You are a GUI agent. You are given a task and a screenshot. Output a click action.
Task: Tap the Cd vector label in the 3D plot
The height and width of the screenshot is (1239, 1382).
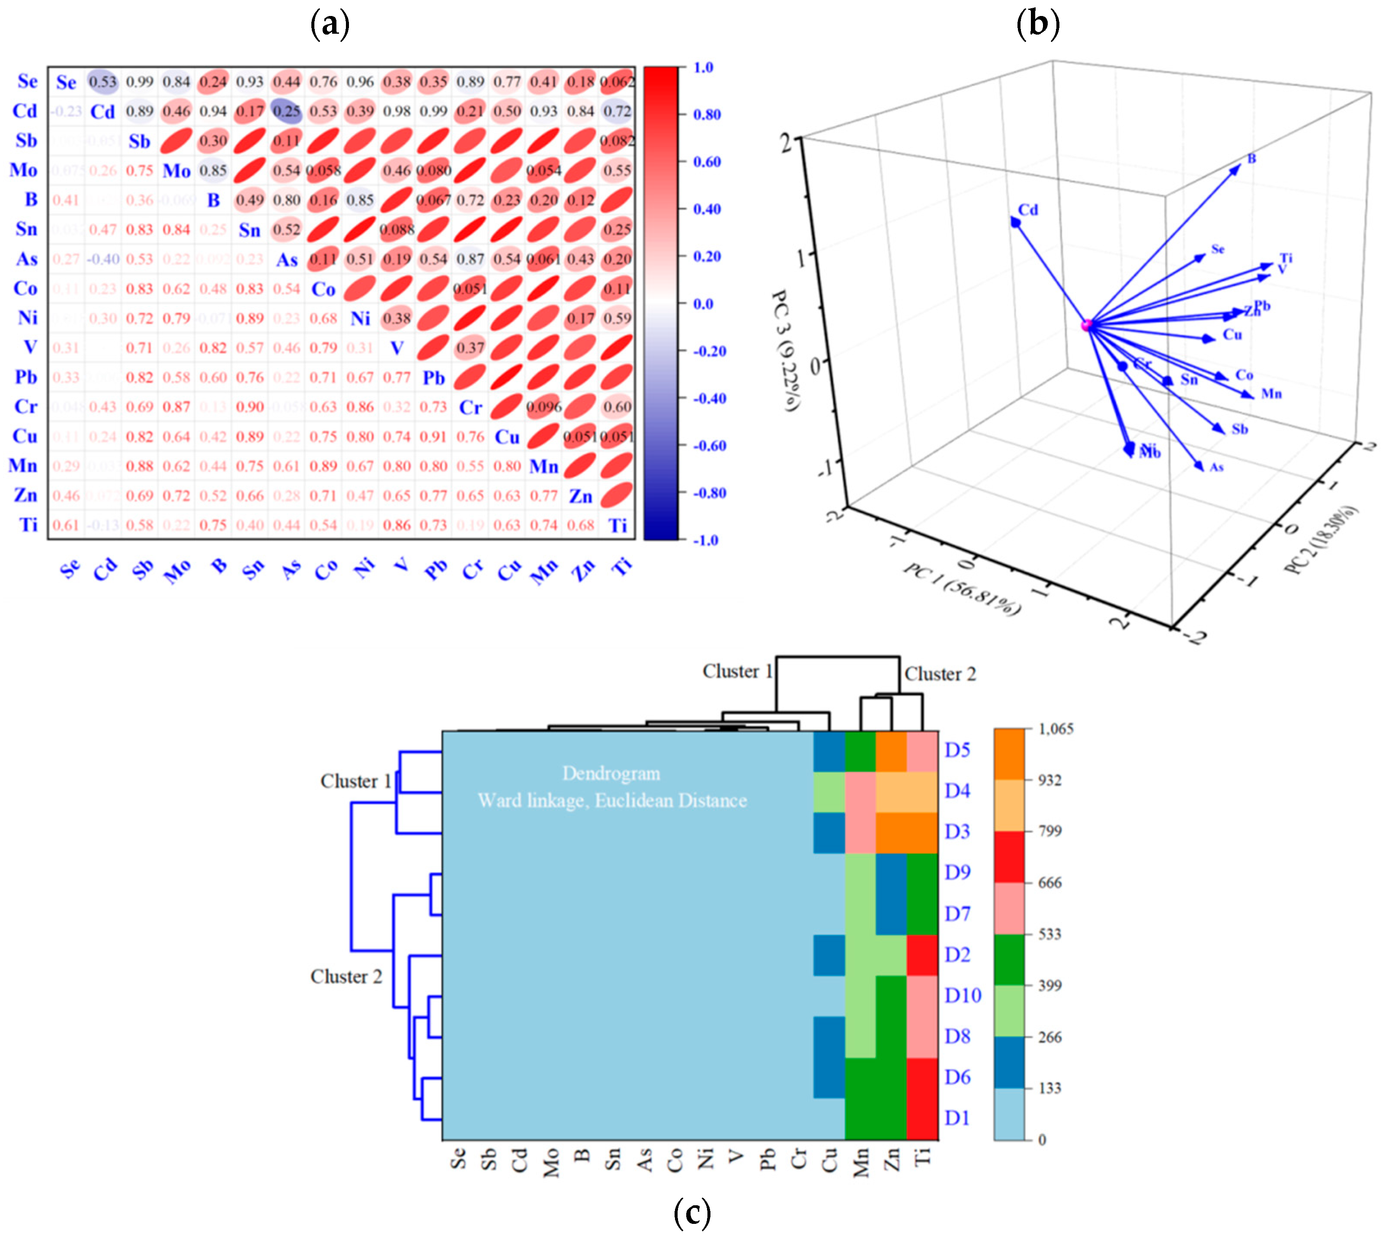(1027, 210)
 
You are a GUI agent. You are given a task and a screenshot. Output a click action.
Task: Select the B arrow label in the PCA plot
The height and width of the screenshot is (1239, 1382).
(1251, 159)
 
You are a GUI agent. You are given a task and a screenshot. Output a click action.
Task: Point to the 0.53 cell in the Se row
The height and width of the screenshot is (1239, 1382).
(103, 82)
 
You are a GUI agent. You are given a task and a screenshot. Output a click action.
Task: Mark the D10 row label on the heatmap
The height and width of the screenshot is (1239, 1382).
(963, 995)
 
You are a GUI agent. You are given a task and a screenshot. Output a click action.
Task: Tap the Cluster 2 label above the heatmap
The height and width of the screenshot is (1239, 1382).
(940, 674)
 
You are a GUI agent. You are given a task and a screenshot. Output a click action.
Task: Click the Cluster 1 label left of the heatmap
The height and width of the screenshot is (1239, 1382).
(355, 781)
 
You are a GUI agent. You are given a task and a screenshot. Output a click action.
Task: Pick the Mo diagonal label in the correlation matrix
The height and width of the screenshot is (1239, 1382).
(176, 171)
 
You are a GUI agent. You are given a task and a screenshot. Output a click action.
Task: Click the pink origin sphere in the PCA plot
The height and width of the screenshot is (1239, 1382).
(1087, 326)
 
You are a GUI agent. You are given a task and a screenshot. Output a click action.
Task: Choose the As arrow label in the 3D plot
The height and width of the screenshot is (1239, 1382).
(1216, 467)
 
